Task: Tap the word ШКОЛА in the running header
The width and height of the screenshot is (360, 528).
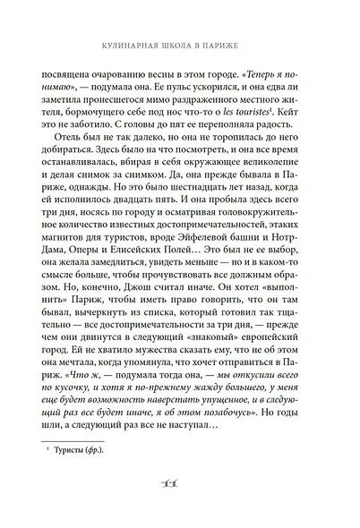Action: point(184,42)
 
